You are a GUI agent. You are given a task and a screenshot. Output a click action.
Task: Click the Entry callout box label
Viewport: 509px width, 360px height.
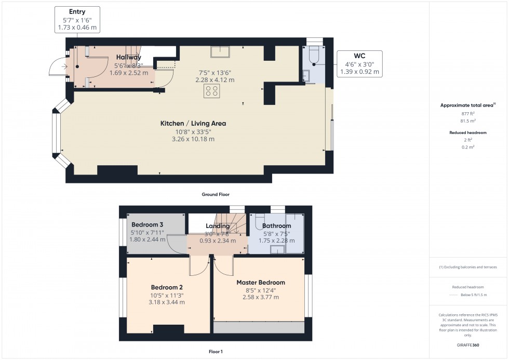tap(77, 11)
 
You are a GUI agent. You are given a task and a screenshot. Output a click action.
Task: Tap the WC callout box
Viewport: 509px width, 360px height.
tap(359, 63)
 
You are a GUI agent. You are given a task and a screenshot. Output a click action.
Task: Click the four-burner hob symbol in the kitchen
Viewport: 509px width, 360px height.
tap(212, 91)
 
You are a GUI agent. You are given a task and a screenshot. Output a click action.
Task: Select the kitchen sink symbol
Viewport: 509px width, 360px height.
tap(221, 51)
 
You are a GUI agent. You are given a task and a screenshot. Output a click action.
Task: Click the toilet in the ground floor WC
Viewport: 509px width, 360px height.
tap(313, 56)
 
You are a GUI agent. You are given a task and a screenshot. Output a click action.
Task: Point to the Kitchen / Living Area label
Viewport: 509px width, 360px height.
tap(193, 124)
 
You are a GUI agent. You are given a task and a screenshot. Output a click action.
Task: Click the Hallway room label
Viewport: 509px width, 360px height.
tap(129, 57)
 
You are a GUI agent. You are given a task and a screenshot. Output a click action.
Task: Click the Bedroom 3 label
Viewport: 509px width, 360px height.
tap(144, 224)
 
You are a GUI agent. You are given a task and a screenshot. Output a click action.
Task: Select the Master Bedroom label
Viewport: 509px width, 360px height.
tap(261, 283)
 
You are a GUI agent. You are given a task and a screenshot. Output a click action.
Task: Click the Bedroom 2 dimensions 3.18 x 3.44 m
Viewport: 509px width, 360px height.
tap(167, 302)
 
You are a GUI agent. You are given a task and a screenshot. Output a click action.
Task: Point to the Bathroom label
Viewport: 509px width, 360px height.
tap(276, 226)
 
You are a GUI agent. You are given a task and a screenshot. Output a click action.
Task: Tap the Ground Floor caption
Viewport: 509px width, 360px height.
tap(216, 194)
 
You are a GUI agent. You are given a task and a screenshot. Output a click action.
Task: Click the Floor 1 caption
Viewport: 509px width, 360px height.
tap(216, 352)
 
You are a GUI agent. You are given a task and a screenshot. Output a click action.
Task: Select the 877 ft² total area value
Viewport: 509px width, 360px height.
tap(468, 113)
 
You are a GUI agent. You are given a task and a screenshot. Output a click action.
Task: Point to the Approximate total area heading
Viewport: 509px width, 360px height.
tap(467, 105)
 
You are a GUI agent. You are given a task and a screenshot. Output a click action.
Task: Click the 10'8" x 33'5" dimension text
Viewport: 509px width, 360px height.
tap(193, 132)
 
